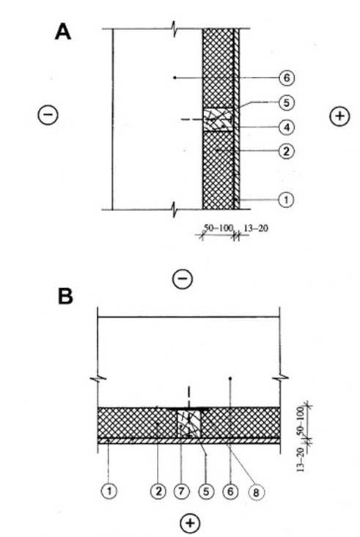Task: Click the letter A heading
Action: [x=63, y=32]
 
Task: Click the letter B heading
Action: [x=65, y=296]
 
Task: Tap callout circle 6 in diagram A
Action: [x=286, y=78]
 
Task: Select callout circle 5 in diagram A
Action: [x=286, y=103]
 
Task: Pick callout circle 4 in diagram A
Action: [x=286, y=127]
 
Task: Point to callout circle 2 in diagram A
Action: [x=286, y=151]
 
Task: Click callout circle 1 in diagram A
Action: [x=286, y=199]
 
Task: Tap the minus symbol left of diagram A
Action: [x=48, y=115]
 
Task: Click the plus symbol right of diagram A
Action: [x=339, y=116]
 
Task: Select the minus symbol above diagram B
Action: [x=182, y=278]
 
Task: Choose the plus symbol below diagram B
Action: [x=190, y=523]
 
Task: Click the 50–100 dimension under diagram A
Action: [x=218, y=228]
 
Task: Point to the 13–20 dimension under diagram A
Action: [x=255, y=228]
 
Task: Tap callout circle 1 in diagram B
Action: [x=109, y=492]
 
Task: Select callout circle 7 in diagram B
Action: [x=181, y=492]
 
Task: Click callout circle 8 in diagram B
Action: [x=256, y=492]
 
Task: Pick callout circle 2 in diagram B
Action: [x=158, y=492]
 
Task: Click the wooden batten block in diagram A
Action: [x=218, y=119]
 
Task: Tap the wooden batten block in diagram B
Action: [x=188, y=423]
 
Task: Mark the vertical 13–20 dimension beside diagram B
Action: [x=301, y=459]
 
